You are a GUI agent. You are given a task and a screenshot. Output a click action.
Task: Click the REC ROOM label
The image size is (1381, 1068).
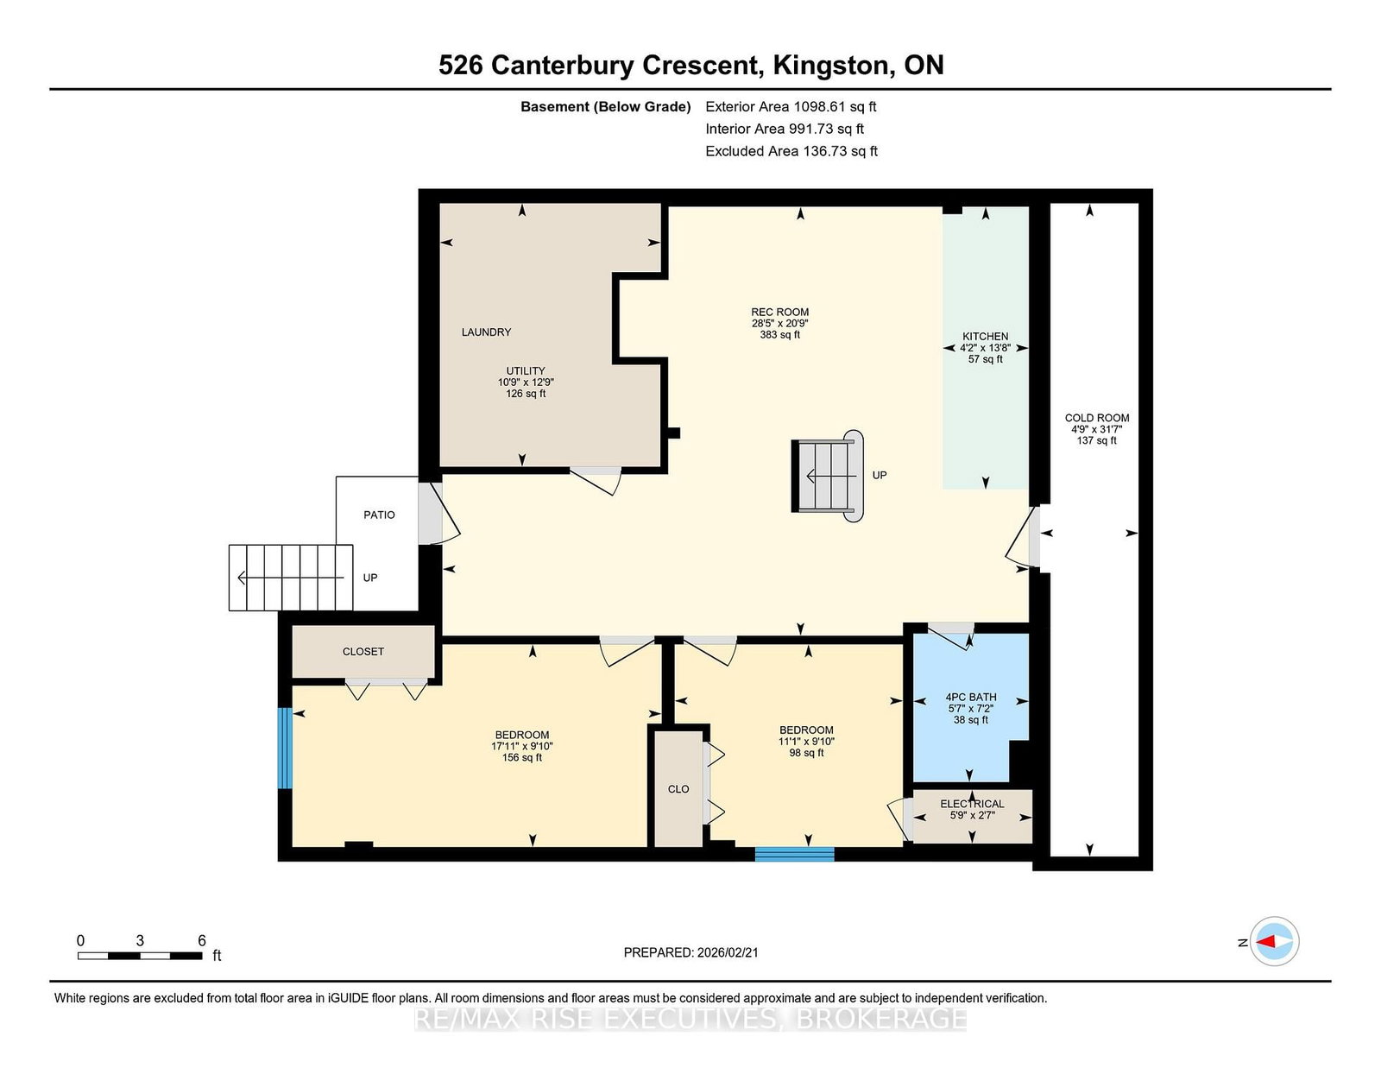(779, 313)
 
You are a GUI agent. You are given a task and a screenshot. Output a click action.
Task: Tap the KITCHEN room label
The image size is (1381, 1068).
(985, 337)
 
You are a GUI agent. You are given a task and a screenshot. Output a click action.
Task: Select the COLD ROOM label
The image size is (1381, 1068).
(1097, 418)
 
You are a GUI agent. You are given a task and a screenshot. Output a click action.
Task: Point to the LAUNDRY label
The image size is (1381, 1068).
(486, 332)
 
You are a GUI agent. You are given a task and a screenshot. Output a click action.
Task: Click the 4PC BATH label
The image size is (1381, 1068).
(971, 697)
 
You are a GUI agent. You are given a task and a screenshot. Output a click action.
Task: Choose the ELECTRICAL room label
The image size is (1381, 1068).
(973, 804)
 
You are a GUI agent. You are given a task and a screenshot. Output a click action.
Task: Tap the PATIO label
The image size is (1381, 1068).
(380, 515)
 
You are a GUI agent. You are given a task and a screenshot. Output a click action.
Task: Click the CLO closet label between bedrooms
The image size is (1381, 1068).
(678, 789)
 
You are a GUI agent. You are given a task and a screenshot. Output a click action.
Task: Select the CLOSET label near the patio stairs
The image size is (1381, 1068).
(363, 652)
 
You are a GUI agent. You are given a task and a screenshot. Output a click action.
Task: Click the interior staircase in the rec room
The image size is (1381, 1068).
(828, 477)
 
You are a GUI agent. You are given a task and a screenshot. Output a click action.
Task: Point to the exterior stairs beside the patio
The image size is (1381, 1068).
(291, 578)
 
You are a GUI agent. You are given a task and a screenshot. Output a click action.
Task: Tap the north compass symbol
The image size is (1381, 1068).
(1274, 942)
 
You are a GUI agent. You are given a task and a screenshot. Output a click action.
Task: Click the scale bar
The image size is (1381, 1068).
(140, 956)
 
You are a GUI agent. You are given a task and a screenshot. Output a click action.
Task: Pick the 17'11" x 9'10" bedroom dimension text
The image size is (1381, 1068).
(522, 746)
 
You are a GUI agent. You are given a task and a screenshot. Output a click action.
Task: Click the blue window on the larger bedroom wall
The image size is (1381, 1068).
(286, 749)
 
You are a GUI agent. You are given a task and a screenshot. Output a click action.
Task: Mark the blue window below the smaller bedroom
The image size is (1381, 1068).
(794, 854)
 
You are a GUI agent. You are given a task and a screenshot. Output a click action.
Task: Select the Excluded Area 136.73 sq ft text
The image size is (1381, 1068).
(791, 151)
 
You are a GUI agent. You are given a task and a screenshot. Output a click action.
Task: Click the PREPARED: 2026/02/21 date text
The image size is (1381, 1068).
(690, 953)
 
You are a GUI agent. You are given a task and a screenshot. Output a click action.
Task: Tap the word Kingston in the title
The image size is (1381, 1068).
(830, 66)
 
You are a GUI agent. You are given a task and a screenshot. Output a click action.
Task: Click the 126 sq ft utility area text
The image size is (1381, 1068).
(526, 394)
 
